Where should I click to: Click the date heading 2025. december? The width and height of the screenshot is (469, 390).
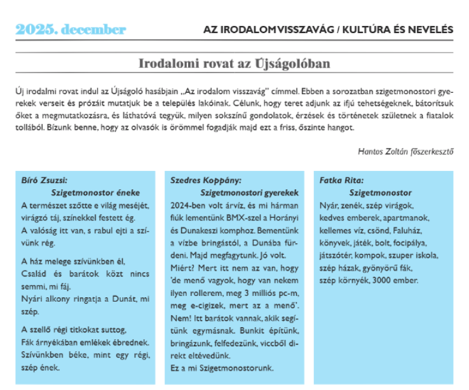71,29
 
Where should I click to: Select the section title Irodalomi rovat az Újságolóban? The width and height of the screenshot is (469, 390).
234,64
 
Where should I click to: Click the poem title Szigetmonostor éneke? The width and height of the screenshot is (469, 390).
95,192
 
